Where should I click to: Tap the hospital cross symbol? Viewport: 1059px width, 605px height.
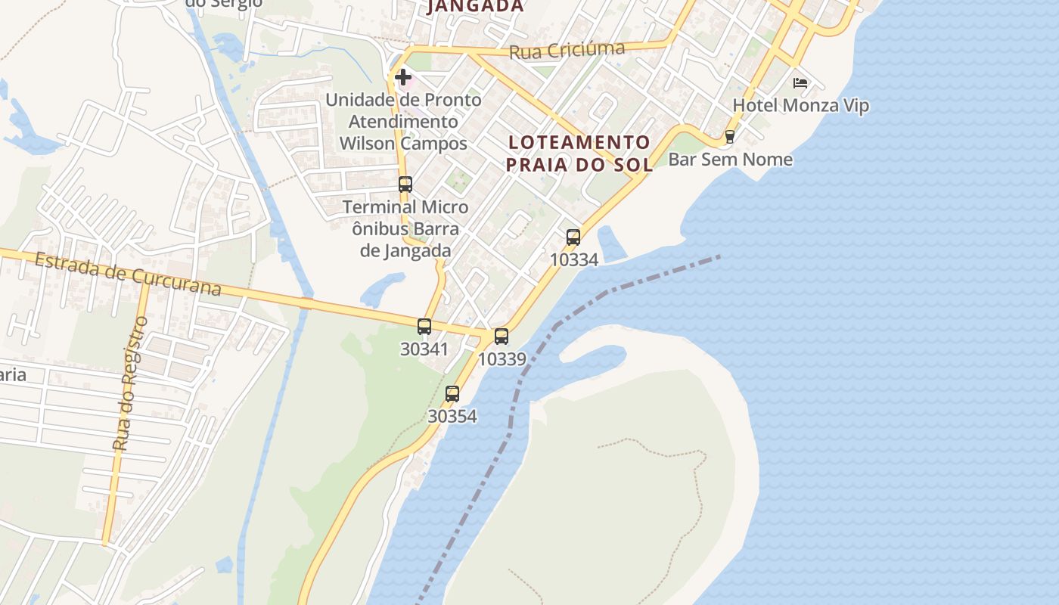coord(403,76)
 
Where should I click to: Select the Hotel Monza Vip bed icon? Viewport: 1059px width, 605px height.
coord(800,82)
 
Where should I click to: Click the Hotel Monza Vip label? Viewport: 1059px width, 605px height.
coord(801,105)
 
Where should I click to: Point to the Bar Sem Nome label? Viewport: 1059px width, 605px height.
coord(731,160)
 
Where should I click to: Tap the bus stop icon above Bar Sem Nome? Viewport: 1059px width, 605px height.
coord(730,137)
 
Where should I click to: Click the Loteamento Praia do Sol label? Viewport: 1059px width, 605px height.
coord(579,153)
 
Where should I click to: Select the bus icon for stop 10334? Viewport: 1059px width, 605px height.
coord(573,237)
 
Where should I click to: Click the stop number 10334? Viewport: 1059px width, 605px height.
coord(573,259)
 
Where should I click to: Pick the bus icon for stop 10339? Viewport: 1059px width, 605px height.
coord(502,337)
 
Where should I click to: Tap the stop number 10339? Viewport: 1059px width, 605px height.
coord(502,359)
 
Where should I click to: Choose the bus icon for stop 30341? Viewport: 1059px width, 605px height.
coord(424,327)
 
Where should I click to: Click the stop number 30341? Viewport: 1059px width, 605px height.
coord(424,349)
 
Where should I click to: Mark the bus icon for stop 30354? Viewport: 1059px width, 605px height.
coord(452,394)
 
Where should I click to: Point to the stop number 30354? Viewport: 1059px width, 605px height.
coord(452,416)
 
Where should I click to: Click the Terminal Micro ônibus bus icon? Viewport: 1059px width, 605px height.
coord(405,184)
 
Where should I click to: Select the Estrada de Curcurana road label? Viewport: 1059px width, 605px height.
coord(128,275)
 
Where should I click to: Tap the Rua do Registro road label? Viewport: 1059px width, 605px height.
coord(130,383)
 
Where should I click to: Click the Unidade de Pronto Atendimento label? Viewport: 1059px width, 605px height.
coord(403,121)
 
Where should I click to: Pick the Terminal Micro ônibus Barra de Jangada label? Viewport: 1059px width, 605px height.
coord(405,228)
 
